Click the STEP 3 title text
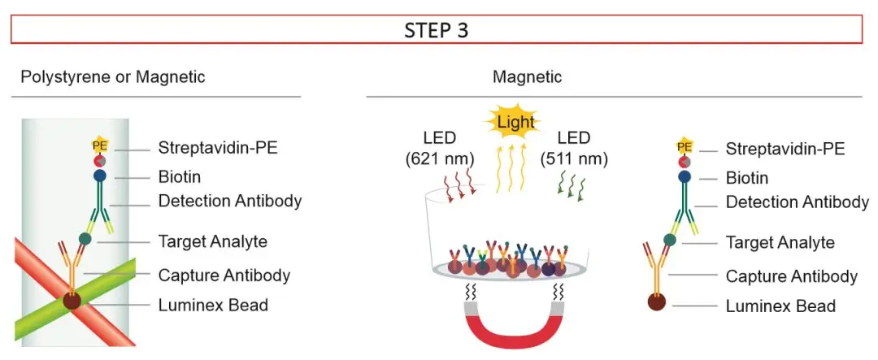coord(437,30)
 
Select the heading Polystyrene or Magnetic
coord(113,76)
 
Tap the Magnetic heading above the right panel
coord(527,76)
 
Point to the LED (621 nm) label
coord(440,149)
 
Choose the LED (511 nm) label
coord(574,149)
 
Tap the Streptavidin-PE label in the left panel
coord(219,149)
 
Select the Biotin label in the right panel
coord(747,178)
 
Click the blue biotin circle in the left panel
coord(100,176)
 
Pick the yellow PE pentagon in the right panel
coord(685,147)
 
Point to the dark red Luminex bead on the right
coord(657,301)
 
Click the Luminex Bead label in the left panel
coord(213,305)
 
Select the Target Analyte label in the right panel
coord(780,242)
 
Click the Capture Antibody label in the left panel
coord(224,275)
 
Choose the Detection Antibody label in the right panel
coord(798,202)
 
